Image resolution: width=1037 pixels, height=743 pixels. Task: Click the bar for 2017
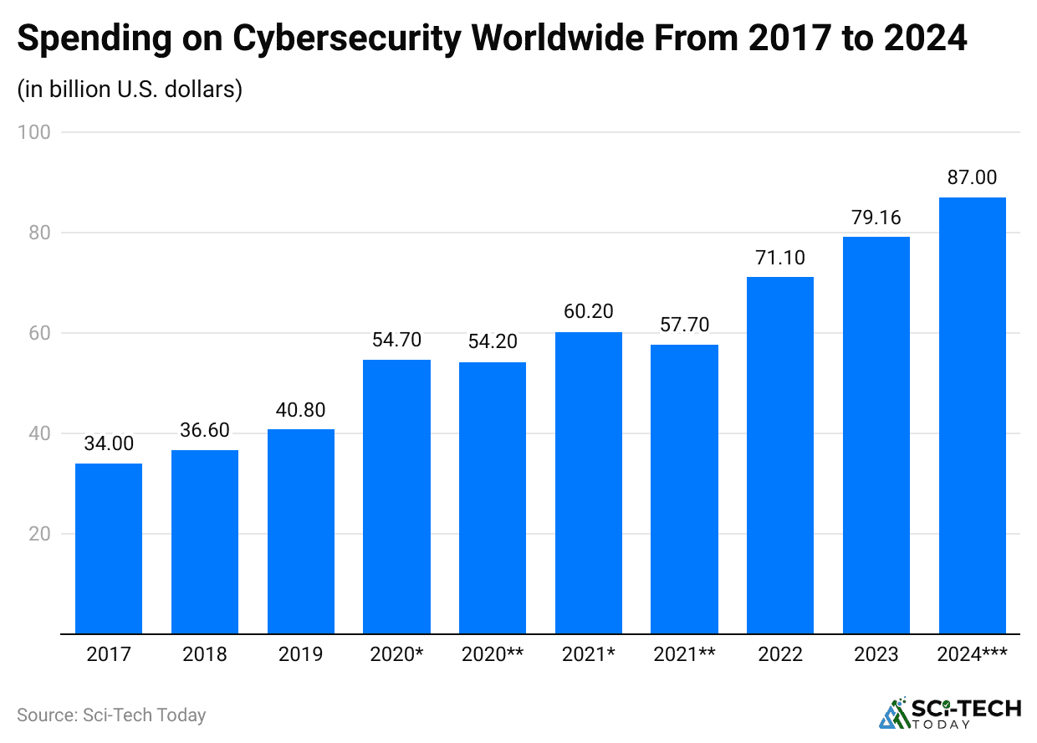pos(109,548)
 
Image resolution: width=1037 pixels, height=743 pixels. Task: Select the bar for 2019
pos(301,531)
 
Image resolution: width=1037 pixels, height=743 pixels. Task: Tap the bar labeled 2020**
pos(493,498)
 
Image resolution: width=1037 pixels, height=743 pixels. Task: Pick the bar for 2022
pos(780,455)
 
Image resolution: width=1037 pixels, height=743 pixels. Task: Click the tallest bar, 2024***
pos(972,416)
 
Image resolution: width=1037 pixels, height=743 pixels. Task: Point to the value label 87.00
pos(972,178)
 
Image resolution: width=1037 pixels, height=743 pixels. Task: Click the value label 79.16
pos(876,218)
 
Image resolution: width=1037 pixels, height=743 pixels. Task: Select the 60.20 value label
pos(589,312)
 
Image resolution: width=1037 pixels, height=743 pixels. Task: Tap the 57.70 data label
pos(684,325)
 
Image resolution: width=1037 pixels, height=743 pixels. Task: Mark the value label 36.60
pos(205,430)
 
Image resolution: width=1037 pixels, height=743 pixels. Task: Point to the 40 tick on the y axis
pos(38,433)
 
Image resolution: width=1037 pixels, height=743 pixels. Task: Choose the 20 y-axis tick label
pos(38,534)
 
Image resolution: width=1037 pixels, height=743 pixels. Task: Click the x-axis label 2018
pos(205,654)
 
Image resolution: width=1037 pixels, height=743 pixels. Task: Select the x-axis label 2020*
pos(396,654)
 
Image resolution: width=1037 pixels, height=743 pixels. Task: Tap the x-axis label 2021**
pos(684,654)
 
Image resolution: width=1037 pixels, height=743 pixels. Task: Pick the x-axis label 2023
pos(876,654)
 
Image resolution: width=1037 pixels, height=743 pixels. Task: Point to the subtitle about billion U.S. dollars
pos(130,89)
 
